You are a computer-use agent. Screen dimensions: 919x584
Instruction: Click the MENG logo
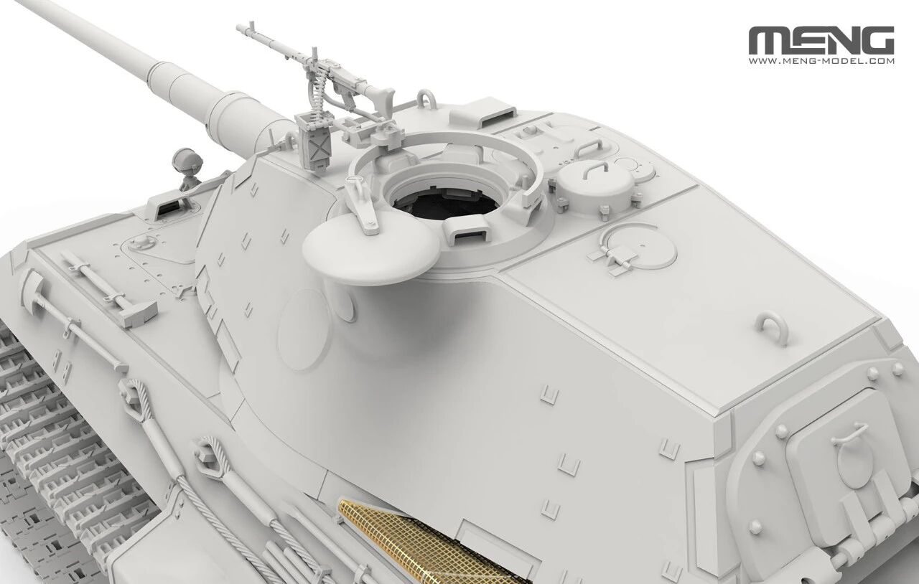pos(821,40)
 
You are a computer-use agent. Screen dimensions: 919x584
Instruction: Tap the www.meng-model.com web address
pos(821,61)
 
